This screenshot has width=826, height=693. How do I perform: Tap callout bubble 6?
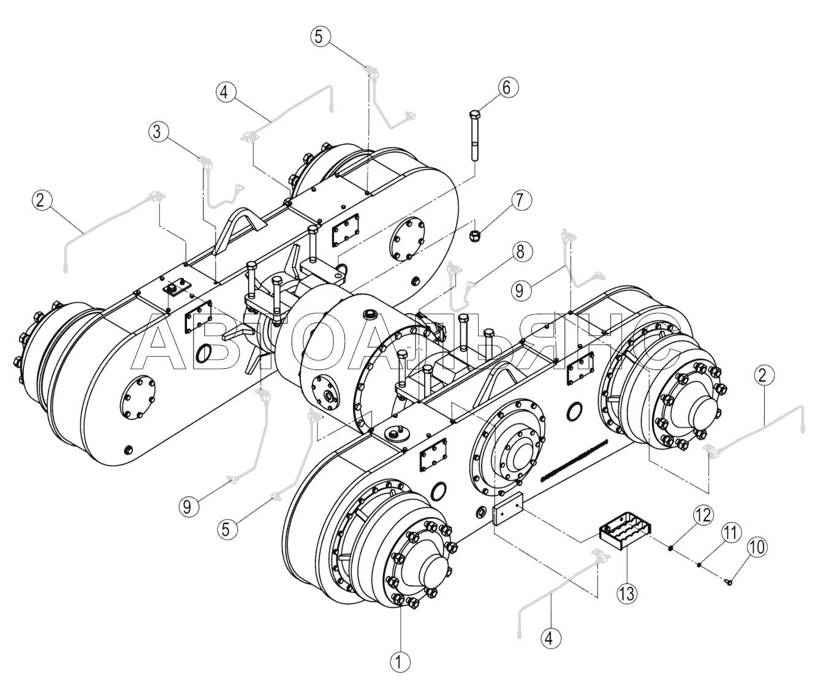[507, 87]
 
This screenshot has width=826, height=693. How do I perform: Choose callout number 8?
[521, 252]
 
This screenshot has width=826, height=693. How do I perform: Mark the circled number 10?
[756, 547]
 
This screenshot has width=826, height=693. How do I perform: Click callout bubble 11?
[730, 533]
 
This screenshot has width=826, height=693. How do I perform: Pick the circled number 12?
[703, 516]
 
